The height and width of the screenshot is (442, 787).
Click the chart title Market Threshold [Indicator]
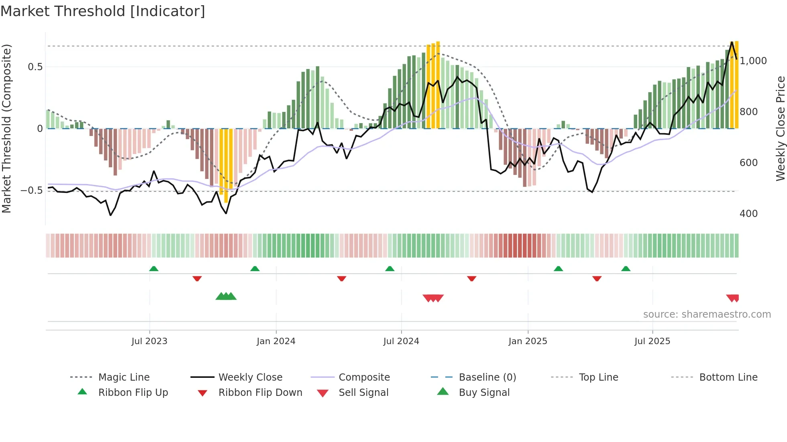[x=103, y=11]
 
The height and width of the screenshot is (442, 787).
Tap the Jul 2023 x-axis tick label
[x=149, y=341]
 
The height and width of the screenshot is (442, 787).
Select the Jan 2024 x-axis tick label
[x=276, y=341]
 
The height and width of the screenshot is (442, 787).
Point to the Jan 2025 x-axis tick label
[x=528, y=341]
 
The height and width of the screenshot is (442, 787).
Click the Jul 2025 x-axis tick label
[x=652, y=341]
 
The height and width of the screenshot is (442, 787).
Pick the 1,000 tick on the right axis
[x=753, y=61]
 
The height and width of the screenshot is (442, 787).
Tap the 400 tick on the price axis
[x=748, y=214]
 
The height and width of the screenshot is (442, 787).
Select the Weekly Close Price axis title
[x=780, y=128]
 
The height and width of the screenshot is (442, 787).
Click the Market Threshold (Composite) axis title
[x=6, y=128]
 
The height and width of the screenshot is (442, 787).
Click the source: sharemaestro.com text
[x=707, y=314]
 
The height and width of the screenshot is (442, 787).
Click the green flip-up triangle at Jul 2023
[x=154, y=269]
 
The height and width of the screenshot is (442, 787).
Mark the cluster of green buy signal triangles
[x=226, y=296]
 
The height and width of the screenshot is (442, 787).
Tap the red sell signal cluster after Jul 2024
[x=433, y=298]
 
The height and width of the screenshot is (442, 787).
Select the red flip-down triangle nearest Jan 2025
[x=472, y=278]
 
